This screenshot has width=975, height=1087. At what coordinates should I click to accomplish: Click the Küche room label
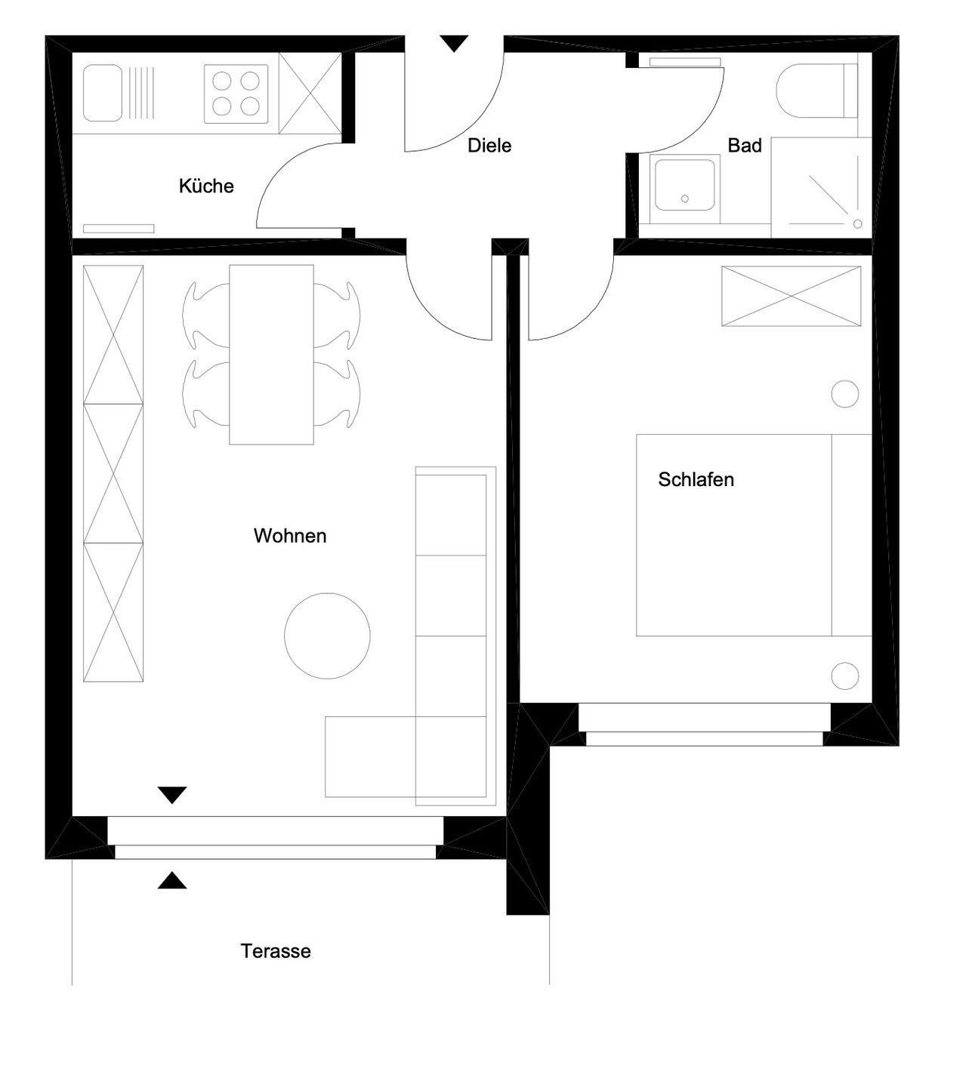click(206, 186)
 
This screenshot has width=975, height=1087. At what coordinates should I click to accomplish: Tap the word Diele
click(489, 146)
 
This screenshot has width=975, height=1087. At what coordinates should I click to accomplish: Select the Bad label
click(745, 146)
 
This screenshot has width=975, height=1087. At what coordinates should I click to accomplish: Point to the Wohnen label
click(290, 535)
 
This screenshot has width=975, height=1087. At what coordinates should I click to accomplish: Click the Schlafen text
click(696, 479)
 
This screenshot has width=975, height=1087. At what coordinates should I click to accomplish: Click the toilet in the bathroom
click(816, 91)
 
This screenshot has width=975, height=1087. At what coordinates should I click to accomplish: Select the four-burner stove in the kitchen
click(236, 94)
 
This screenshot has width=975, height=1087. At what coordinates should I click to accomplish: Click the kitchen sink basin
click(103, 93)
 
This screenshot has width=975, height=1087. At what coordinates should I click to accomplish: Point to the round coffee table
click(327, 636)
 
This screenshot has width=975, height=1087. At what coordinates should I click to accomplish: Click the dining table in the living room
click(271, 355)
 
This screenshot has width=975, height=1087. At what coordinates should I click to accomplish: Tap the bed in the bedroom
click(754, 535)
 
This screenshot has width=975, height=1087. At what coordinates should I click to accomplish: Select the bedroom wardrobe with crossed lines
click(791, 296)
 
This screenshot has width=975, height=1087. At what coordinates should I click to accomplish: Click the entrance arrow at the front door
click(454, 44)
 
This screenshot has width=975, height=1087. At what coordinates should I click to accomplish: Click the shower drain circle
click(857, 223)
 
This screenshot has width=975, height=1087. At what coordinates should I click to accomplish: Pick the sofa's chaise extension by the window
click(371, 756)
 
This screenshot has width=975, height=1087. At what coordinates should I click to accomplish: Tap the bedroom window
click(705, 725)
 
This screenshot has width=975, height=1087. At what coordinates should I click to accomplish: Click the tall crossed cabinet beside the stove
click(310, 93)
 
